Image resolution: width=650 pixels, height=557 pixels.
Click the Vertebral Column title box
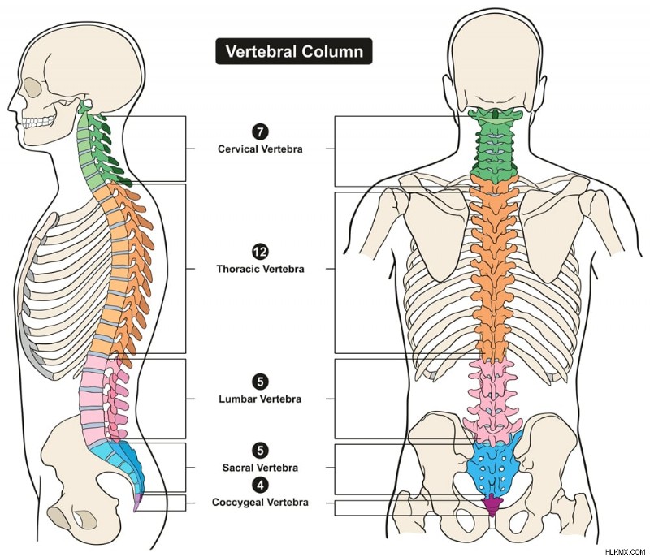pyautogui.click(x=294, y=51)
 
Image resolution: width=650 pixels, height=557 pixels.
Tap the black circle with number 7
pyautogui.click(x=260, y=132)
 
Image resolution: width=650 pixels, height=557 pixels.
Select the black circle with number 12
pyautogui.click(x=260, y=252)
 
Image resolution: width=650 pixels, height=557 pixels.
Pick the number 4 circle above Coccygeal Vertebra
pyautogui.click(x=260, y=485)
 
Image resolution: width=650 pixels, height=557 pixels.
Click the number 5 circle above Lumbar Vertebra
pyautogui.click(x=260, y=382)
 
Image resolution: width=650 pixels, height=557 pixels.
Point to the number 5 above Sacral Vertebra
pyautogui.click(x=260, y=450)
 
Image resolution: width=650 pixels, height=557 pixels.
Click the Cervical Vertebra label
pyautogui.click(x=260, y=149)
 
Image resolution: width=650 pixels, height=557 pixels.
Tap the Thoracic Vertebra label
pyautogui.click(x=260, y=270)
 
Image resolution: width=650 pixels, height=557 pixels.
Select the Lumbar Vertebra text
pyautogui.click(x=260, y=399)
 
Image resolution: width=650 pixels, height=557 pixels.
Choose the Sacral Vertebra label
pyautogui.click(x=260, y=468)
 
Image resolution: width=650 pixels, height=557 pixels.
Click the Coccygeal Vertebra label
pyautogui.click(x=260, y=503)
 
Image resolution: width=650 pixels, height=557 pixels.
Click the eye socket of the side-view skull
pyautogui.click(x=32, y=86)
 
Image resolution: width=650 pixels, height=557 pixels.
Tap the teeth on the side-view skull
pyautogui.click(x=38, y=121)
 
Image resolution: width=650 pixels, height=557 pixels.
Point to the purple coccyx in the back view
pyautogui.click(x=492, y=504)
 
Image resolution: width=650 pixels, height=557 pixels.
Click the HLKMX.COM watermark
pyautogui.click(x=625, y=551)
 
